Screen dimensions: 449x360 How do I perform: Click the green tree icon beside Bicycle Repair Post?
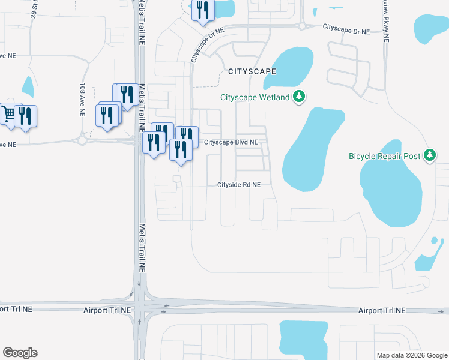pos(429,155)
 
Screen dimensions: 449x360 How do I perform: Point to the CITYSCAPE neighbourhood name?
pos(252,71)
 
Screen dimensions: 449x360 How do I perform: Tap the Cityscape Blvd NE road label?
pos(231,142)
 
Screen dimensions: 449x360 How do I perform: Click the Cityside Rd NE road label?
pos(239,185)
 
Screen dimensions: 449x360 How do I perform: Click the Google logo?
pos(20,353)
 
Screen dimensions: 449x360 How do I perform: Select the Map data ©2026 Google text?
pos(412,355)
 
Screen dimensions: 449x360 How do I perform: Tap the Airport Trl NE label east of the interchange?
pos(382,310)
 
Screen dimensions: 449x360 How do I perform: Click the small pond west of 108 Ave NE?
pos(28,86)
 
